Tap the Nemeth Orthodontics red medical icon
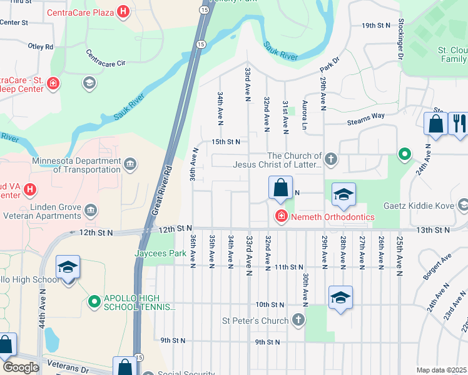click(x=281, y=217)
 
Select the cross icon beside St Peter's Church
click(x=298, y=321)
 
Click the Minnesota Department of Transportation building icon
click(x=130, y=164)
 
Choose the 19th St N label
click(x=375, y=25)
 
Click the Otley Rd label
click(x=41, y=46)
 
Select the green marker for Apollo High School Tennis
click(x=94, y=302)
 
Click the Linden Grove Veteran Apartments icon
click(x=91, y=209)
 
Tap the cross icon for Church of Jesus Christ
click(x=330, y=160)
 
